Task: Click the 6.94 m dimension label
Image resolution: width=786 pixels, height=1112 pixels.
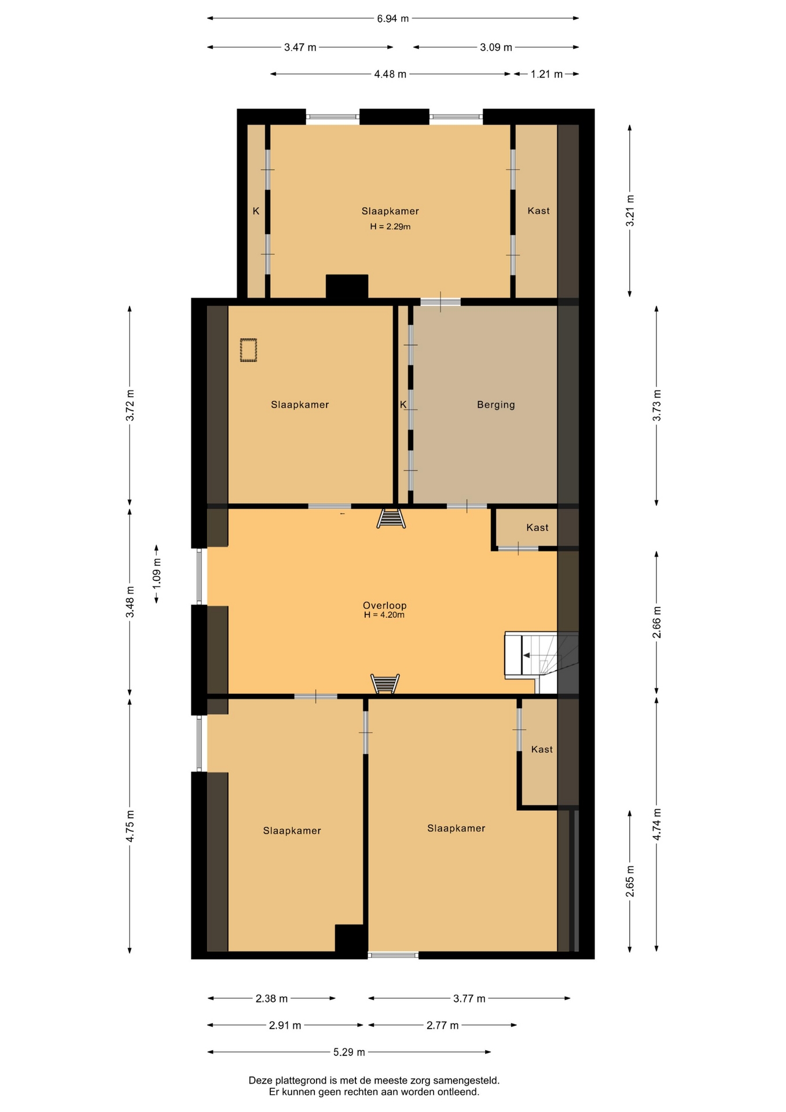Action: click(392, 19)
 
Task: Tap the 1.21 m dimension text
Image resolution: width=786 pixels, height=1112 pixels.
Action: click(546, 74)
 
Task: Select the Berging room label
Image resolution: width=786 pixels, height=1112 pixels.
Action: click(496, 405)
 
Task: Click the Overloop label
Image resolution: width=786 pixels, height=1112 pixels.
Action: click(385, 606)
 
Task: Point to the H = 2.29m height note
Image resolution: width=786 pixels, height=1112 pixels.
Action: click(391, 226)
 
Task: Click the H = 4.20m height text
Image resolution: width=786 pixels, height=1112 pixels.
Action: click(384, 615)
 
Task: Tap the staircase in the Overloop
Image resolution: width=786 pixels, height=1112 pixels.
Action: click(541, 662)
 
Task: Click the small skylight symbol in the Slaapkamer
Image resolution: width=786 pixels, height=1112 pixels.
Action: click(249, 350)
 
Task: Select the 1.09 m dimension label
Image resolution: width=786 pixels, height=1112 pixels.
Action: click(157, 574)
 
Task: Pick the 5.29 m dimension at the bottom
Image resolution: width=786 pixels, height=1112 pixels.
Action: click(349, 1052)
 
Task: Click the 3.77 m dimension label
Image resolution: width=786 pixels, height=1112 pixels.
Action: click(469, 998)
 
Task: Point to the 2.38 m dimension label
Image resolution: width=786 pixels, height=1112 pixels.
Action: click(271, 998)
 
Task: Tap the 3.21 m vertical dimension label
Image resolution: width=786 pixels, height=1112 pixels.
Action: click(630, 211)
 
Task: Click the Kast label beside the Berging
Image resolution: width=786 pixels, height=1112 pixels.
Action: click(538, 528)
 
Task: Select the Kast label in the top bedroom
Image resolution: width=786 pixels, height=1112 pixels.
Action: click(539, 211)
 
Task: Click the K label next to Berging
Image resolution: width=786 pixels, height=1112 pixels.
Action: click(403, 405)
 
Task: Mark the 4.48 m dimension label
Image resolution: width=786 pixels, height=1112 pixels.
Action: click(390, 74)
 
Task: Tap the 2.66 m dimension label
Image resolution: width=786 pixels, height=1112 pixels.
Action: click(657, 623)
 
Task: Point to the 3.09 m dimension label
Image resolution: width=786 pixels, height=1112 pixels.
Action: click(496, 47)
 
